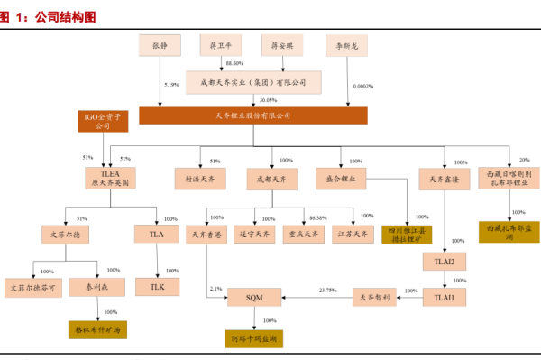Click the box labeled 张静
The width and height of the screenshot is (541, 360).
(160, 43)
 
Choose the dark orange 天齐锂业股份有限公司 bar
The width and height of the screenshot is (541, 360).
(253, 115)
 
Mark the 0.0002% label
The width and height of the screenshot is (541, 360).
(363, 87)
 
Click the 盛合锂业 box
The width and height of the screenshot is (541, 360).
(340, 179)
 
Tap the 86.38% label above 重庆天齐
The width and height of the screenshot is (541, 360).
(317, 218)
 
